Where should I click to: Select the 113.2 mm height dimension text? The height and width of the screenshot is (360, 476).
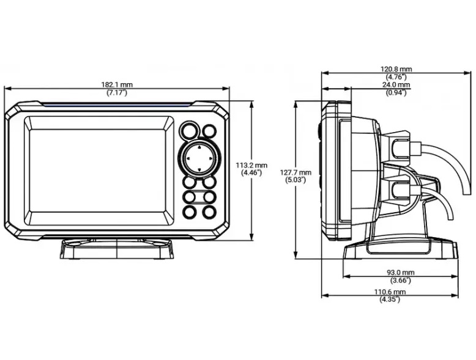[251, 165]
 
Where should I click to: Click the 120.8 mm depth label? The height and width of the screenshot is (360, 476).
[397, 69]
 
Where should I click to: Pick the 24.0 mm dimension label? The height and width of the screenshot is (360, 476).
[396, 85]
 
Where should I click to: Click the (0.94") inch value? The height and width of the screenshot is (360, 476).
[396, 92]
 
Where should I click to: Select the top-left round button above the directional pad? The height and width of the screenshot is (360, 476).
[188, 131]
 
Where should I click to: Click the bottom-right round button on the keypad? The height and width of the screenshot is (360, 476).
[209, 211]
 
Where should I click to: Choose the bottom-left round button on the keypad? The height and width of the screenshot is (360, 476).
[189, 211]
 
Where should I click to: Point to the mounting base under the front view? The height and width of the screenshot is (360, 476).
[116, 249]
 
